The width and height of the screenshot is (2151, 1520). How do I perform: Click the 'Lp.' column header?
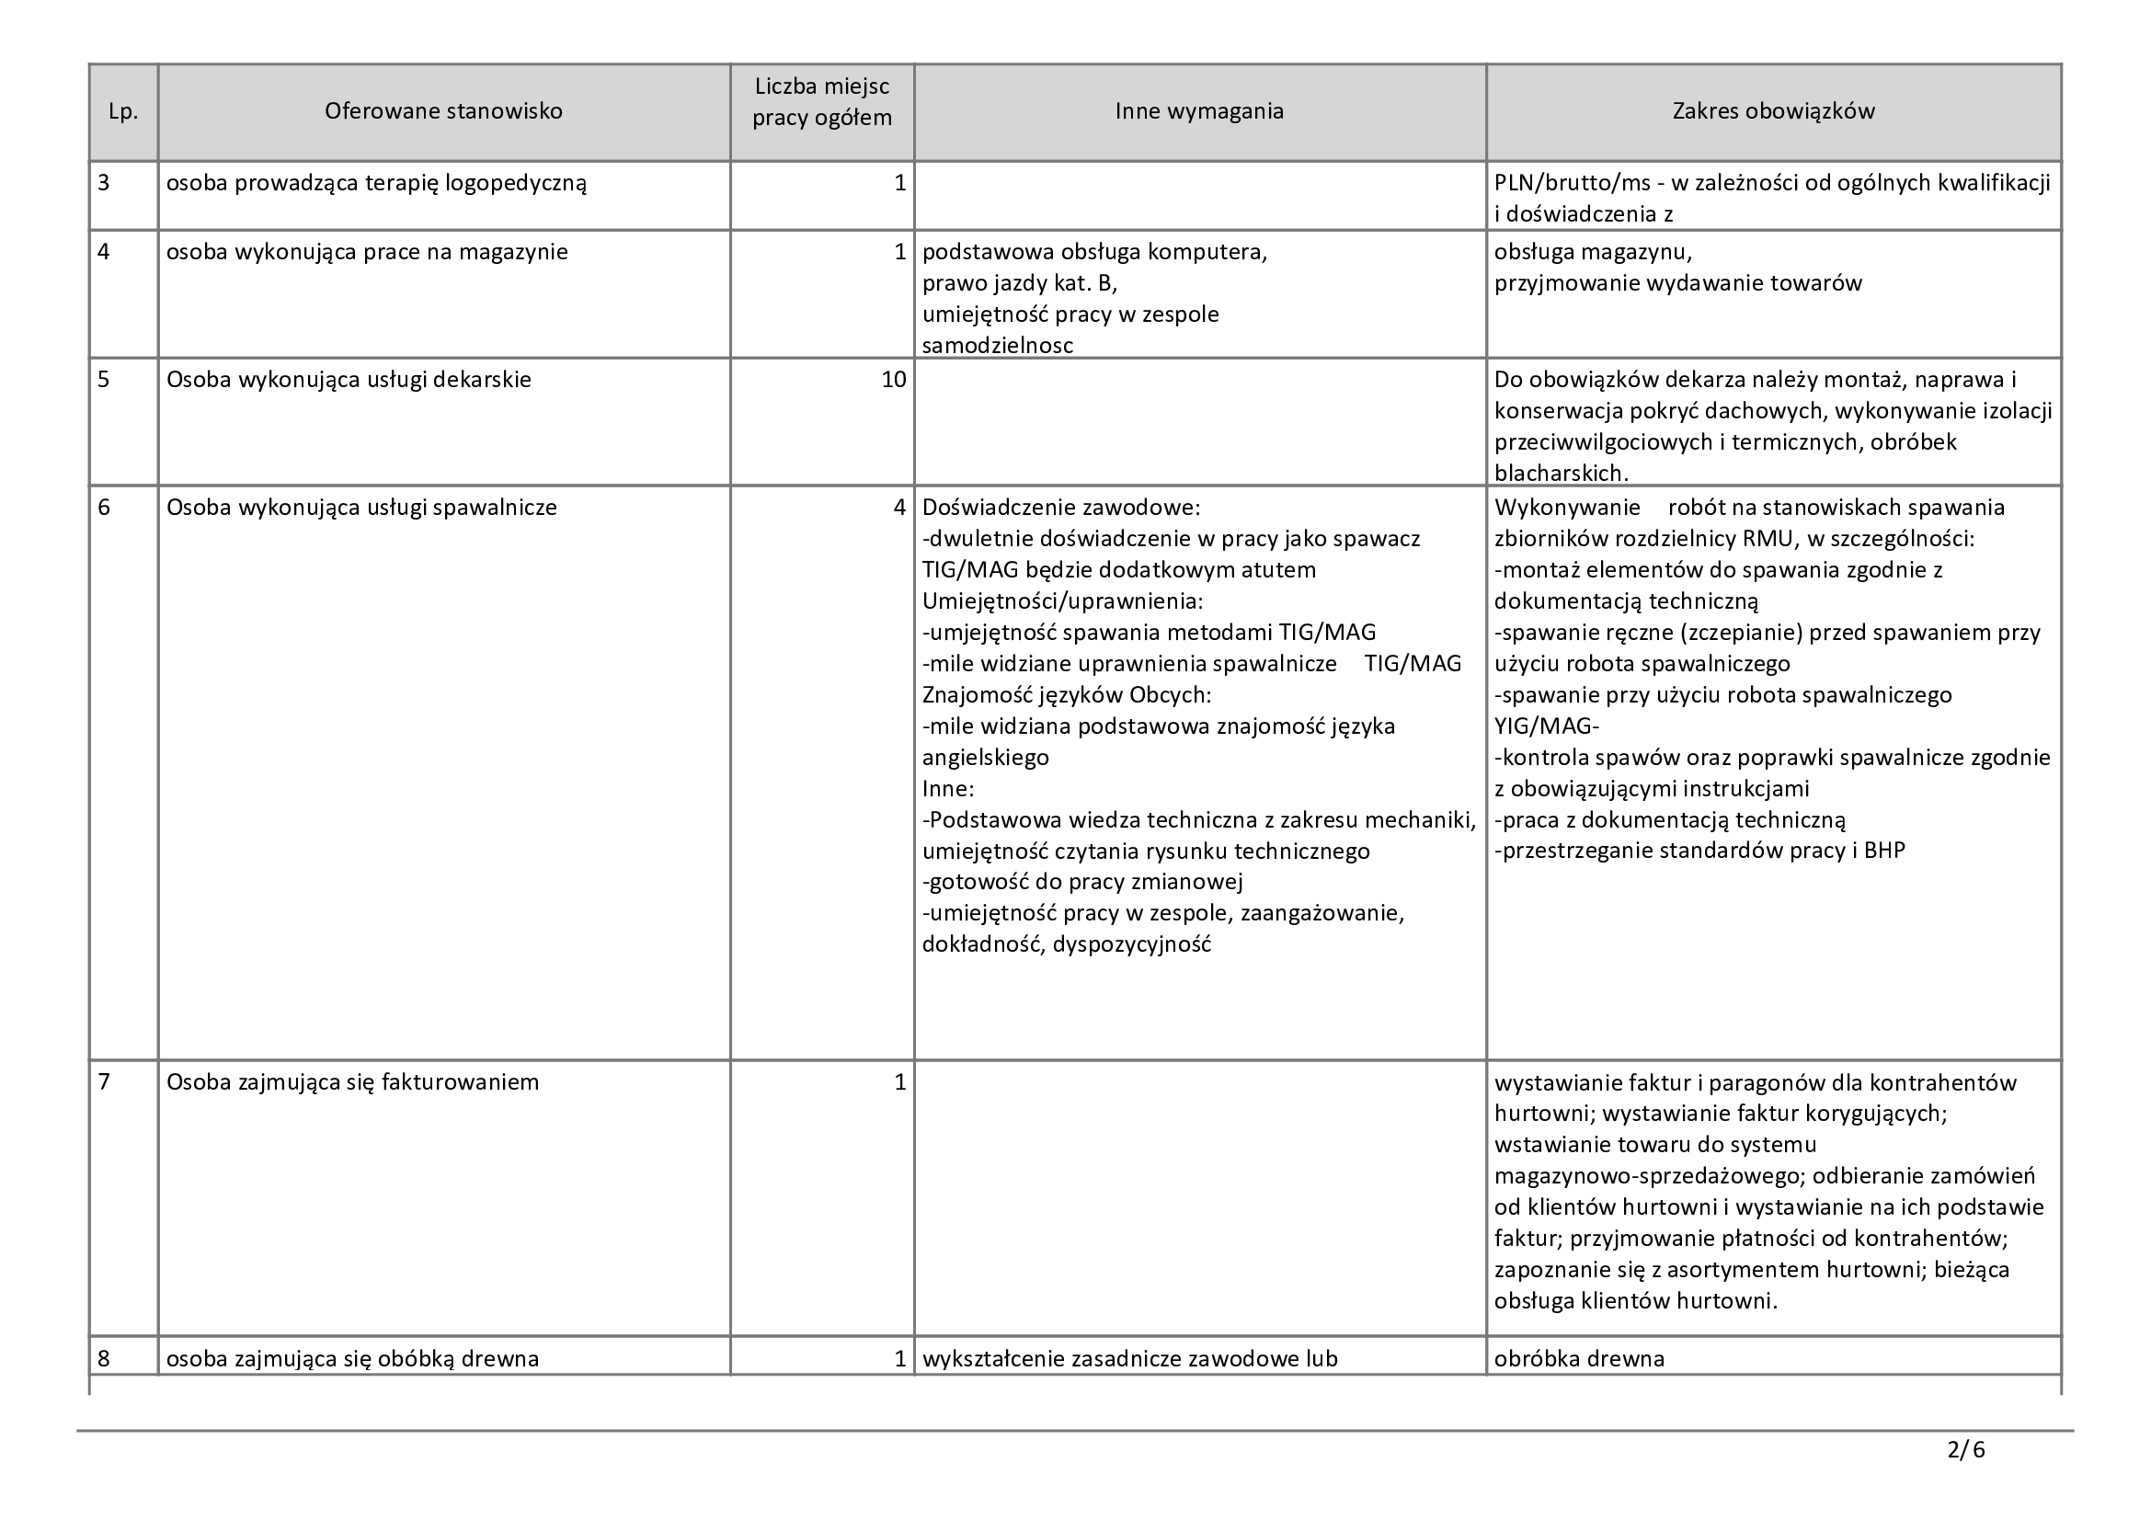[x=123, y=111]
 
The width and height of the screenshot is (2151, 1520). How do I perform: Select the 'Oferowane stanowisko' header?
[x=443, y=111]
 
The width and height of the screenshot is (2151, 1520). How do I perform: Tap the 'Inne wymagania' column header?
[x=1199, y=111]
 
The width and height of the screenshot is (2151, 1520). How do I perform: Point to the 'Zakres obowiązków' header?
[x=1773, y=111]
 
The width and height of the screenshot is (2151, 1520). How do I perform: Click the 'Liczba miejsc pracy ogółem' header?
[x=821, y=103]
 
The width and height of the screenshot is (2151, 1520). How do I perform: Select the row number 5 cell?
[x=104, y=379]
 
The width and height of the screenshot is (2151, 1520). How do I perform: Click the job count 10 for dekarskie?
[x=893, y=379]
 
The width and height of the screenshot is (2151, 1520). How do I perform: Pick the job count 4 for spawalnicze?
[x=899, y=508]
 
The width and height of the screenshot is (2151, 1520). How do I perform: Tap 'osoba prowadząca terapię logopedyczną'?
[x=376, y=183]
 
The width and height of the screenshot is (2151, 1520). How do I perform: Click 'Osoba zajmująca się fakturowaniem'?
[x=352, y=1082]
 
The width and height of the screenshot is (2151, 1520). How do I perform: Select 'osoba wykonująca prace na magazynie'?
[x=366, y=252]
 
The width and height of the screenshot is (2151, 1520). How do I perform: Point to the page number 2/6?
[x=1965, y=1450]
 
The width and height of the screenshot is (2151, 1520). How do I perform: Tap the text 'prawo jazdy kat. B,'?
[x=1019, y=283]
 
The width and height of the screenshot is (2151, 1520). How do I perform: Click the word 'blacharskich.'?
[x=1562, y=473]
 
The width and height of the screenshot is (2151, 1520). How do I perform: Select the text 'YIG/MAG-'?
[x=1547, y=726]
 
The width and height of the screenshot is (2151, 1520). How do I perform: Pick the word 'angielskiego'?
[x=986, y=757]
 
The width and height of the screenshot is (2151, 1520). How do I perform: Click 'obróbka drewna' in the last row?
[x=1579, y=1358]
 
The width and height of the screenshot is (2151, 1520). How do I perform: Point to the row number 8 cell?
[x=104, y=1358]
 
